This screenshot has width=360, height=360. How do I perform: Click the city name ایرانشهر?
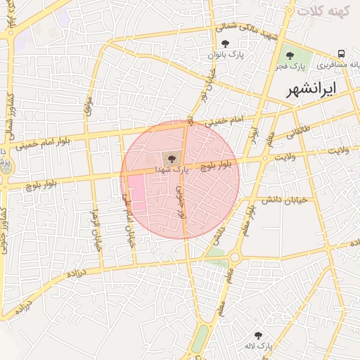pyautogui.click(x=312, y=89)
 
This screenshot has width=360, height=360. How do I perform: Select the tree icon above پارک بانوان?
pyautogui.click(x=225, y=44)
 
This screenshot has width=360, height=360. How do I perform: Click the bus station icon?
pyautogui.click(x=341, y=53)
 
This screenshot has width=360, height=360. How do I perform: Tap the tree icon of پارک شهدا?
pyautogui.click(x=172, y=158)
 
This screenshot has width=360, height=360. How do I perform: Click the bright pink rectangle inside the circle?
pyautogui.click(x=136, y=193)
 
